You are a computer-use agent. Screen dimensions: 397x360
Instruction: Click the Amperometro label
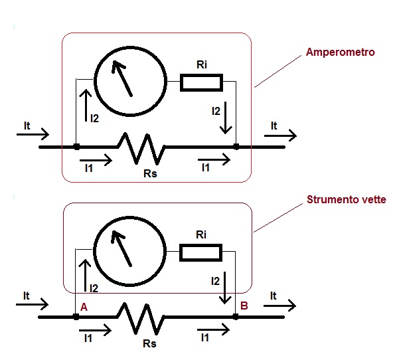tap(341, 52)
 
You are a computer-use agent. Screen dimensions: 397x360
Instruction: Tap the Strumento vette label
tap(347, 200)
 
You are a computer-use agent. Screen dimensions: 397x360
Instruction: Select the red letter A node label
tap(84, 307)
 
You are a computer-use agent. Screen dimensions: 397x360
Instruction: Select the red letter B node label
tap(244, 306)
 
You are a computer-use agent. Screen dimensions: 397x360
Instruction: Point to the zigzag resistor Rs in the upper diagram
tap(141, 148)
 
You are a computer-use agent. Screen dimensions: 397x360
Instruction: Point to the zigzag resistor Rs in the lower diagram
tap(141, 318)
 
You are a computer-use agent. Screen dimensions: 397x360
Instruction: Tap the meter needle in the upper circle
tap(122, 78)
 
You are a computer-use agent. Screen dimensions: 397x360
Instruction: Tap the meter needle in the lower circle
tap(121, 248)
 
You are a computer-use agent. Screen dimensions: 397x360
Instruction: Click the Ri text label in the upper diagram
tap(202, 65)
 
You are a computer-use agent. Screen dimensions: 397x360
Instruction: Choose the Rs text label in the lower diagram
tap(149, 344)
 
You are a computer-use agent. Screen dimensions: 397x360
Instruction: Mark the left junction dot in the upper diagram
tap(76, 146)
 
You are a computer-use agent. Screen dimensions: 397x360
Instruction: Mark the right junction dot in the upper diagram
tap(236, 146)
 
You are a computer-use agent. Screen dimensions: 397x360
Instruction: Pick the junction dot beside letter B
tap(236, 316)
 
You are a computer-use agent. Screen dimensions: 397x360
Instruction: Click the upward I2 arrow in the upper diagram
tap(86, 106)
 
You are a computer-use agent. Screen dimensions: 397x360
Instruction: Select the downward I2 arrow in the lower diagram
tap(225, 288)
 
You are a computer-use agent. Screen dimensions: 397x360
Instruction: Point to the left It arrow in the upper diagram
tap(33, 134)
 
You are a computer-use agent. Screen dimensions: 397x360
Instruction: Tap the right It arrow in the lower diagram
tap(279, 306)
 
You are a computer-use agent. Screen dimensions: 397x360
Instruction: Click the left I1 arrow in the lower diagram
tap(95, 330)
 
